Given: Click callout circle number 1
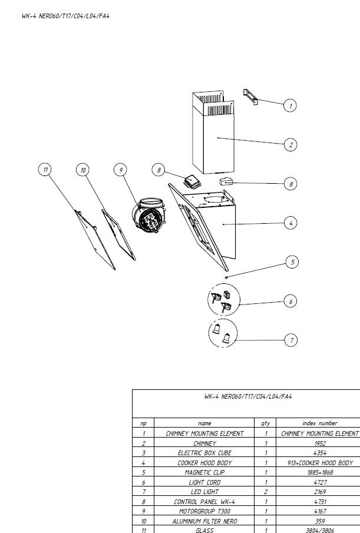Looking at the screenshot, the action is click(290, 105).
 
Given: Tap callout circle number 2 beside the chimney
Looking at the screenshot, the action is click(290, 145).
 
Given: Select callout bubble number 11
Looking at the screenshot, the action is click(45, 169).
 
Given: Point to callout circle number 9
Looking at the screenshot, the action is click(121, 170).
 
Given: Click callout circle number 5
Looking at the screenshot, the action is click(292, 261).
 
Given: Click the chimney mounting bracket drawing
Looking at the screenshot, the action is click(250, 97).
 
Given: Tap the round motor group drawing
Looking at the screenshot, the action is click(149, 216).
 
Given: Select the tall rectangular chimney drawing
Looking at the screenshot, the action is click(213, 132).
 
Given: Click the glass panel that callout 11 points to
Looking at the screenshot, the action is click(95, 239).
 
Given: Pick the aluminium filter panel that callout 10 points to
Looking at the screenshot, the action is click(118, 234).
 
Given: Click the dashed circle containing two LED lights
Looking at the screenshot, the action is click(223, 333).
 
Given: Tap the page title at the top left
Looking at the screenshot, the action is click(65, 16).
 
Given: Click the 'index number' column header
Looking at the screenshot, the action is click(319, 423).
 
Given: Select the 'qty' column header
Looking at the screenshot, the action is click(266, 423).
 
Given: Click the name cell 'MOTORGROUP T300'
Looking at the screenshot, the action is click(204, 511).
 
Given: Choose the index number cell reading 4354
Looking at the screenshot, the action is click(320, 453).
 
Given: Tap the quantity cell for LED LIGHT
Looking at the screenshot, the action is click(266, 492).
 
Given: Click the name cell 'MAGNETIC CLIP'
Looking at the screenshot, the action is click(204, 472).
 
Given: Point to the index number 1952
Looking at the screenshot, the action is click(320, 443).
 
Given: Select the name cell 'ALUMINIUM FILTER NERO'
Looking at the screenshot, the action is click(204, 521).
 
